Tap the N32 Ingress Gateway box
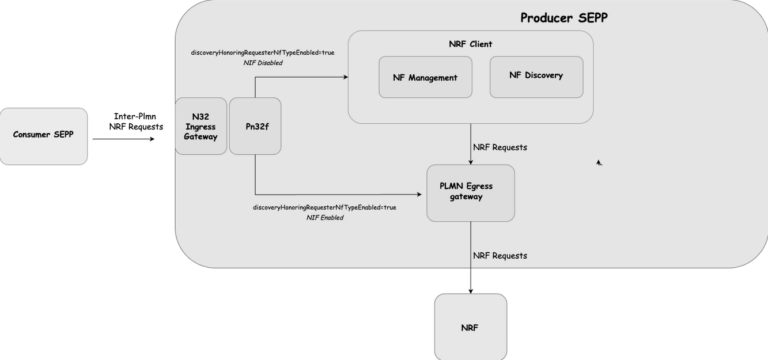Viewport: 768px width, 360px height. click(x=200, y=126)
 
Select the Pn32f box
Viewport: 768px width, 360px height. click(x=255, y=126)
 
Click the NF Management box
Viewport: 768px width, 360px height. click(x=425, y=77)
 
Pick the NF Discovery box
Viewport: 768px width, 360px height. click(x=536, y=76)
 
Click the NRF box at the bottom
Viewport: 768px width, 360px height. click(x=470, y=328)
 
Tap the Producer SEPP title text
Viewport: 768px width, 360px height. click(x=563, y=18)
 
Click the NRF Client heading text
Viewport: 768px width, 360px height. click(x=470, y=44)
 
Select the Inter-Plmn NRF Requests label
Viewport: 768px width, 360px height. click(x=136, y=122)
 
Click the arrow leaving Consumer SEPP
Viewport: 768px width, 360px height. click(x=123, y=139)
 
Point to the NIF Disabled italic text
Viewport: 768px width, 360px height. click(x=263, y=63)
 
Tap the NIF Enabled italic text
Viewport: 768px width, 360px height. click(x=324, y=218)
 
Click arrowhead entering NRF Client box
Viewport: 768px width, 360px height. click(x=346, y=77)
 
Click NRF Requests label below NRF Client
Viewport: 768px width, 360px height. click(x=500, y=147)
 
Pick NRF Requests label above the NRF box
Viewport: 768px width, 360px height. click(x=500, y=256)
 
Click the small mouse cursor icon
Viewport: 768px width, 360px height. click(x=599, y=163)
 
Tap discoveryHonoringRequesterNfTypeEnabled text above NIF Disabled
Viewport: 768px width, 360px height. click(x=263, y=52)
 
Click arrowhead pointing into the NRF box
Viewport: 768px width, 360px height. click(x=471, y=291)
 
